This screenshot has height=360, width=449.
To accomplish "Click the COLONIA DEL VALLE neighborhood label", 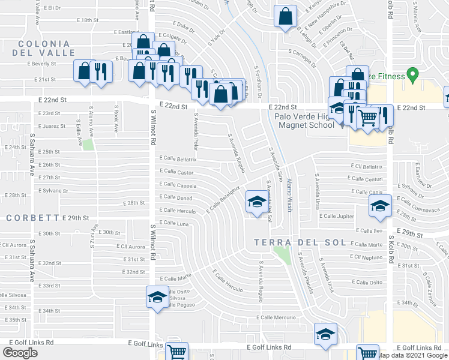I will click(x=47, y=49).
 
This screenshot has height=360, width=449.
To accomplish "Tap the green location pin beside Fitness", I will click(x=412, y=75).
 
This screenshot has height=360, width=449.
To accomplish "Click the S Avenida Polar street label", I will click(x=196, y=133).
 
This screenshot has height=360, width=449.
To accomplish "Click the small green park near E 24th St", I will click(x=88, y=145).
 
